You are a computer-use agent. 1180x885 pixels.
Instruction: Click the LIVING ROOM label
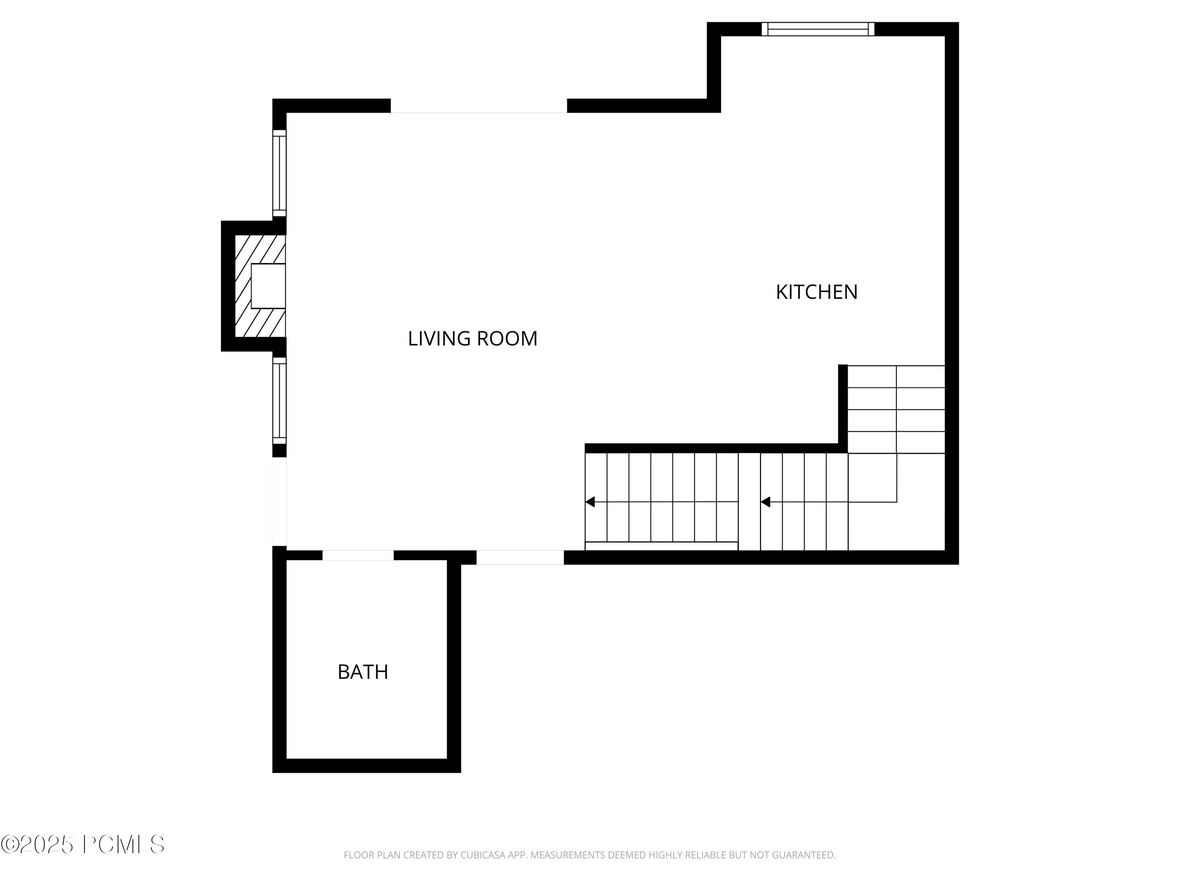pos(473,339)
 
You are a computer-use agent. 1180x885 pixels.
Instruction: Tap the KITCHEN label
pos(816,292)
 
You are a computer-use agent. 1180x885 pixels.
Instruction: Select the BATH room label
pos(363,672)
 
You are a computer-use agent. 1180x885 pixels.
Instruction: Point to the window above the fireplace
pos(280,173)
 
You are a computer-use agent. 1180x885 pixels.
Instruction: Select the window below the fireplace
pos(280,401)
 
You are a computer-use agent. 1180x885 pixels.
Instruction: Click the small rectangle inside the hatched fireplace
pos(268,286)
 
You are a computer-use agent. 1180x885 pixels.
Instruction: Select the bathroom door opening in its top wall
pos(358,555)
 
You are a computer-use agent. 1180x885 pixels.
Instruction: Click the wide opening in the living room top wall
pos(479,106)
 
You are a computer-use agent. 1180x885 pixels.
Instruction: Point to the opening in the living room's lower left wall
pos(280,501)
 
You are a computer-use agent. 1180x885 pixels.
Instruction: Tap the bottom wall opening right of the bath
pos(520,557)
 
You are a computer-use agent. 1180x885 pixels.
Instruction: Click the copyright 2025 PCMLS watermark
pos(83,845)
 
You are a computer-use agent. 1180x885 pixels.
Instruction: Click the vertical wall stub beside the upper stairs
pos(843,406)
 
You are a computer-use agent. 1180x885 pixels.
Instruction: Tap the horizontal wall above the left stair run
pos(712,448)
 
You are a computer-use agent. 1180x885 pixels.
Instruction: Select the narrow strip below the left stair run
pos(662,546)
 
